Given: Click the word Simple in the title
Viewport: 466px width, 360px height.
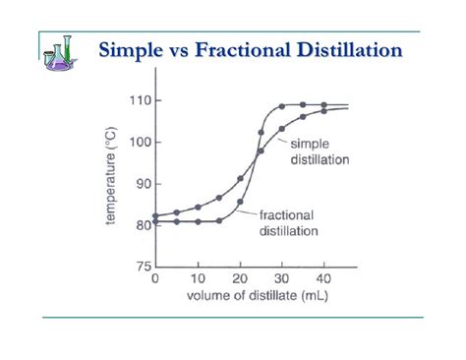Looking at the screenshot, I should click(136, 49).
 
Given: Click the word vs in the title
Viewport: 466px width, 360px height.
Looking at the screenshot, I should click(187, 49).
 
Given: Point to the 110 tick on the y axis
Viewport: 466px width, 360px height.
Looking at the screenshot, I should click(139, 100).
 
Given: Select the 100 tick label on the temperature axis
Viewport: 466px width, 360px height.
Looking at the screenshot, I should click(139, 142).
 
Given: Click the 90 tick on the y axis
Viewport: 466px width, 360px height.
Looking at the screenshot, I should click(142, 183).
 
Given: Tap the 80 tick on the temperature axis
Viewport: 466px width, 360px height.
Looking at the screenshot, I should click(142, 224).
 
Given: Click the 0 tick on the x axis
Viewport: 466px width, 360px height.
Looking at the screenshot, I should click(155, 278).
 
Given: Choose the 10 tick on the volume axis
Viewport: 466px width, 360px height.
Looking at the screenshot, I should click(198, 278).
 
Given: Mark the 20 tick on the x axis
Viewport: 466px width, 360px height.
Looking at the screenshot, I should click(240, 278).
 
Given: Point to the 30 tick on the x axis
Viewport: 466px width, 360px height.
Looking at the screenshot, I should click(282, 278).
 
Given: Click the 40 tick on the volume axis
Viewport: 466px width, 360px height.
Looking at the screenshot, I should click(324, 278).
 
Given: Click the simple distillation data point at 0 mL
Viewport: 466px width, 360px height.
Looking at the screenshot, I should click(155, 215).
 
